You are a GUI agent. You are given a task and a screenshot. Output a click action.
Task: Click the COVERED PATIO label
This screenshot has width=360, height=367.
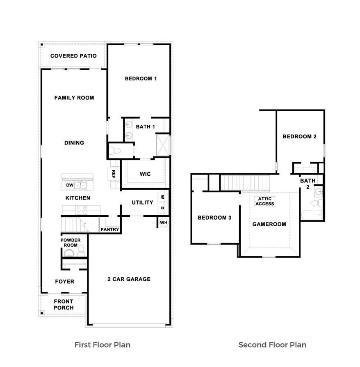tap(73, 56)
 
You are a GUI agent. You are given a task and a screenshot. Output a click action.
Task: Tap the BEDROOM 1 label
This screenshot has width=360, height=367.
tap(141, 78)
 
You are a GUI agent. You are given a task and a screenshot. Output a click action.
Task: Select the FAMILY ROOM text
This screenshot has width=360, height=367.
tap(74, 98)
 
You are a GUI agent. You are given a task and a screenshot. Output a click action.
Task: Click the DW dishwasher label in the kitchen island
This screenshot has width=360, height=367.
tap(70, 186)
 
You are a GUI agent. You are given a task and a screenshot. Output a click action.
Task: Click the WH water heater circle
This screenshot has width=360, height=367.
tap(163, 222)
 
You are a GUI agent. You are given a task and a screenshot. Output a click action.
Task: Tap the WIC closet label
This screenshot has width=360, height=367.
tap(145, 174)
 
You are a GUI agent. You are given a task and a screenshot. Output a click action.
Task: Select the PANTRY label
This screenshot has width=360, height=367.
tap(110, 229)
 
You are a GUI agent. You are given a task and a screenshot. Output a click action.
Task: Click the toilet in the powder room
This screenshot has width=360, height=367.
tap(81, 250)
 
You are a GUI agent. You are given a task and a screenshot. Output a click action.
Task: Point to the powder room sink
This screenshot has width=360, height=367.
tap(70, 252)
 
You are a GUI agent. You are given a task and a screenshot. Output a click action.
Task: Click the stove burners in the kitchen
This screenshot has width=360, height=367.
tap(81, 210)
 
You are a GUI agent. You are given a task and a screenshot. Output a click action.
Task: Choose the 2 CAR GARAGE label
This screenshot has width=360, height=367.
tap(129, 279)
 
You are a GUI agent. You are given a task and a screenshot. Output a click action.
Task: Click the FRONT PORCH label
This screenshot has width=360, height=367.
tap(64, 305)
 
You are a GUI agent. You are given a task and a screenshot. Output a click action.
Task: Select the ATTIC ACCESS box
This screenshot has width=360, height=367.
tap(264, 201)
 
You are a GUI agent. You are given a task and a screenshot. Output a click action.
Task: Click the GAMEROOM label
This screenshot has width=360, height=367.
tap(269, 224)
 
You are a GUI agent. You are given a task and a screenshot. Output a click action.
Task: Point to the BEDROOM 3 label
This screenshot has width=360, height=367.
tap(214, 218)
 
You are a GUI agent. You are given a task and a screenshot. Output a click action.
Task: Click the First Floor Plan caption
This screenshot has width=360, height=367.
tap(103, 344)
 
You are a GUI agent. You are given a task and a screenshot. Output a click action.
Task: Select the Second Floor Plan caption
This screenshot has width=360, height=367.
tap(272, 344)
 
